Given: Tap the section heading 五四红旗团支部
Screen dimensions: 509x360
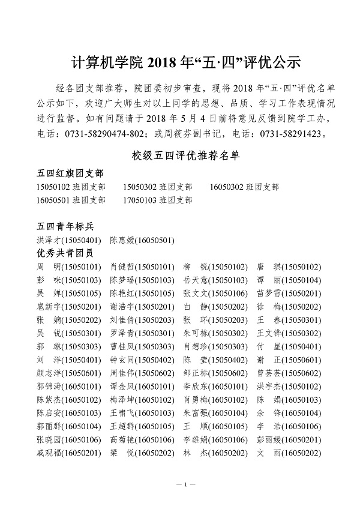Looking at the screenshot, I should [x=68, y=174].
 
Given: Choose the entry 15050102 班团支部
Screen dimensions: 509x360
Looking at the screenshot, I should [x=70, y=187].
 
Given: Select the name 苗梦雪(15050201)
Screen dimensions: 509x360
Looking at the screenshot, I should [x=289, y=293].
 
